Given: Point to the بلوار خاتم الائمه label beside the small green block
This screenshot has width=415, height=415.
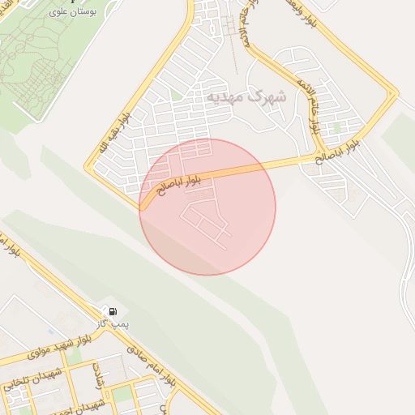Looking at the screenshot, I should pos(317,114).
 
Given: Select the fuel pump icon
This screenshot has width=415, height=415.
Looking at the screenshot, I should pos(112,311).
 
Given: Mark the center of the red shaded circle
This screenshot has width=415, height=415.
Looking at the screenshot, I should pos(207,207).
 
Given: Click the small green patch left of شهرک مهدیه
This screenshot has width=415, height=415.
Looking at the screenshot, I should pos(177,96).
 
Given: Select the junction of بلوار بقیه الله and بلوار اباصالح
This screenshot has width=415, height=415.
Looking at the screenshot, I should pos(142,207).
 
